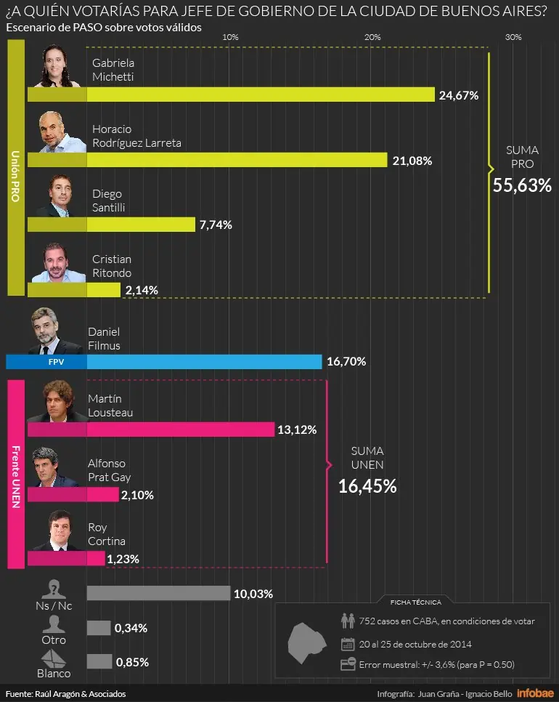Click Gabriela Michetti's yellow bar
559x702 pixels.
tap(231, 94)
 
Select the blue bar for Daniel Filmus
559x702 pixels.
tap(163, 362)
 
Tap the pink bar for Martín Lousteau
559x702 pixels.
tap(151, 429)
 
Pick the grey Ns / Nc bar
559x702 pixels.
tap(159, 593)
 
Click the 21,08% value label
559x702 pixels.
tap(412, 161)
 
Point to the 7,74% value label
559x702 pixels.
tap(216, 225)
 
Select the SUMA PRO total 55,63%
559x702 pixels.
tap(522, 185)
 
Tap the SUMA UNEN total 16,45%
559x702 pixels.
tap(367, 486)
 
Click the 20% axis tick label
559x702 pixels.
tap(372, 37)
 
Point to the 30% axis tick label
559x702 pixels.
tap(513, 37)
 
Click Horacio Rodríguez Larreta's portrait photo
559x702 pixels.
tap(61, 132)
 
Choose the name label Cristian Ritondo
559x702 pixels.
tap(112, 266)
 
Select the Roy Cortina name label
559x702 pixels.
tap(107, 534)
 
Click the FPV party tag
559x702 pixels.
tap(57, 362)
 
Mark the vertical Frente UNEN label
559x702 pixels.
tap(16, 477)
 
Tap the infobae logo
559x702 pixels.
tap(535, 693)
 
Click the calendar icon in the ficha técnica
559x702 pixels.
tap(348, 645)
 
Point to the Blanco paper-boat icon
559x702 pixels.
tap(54, 658)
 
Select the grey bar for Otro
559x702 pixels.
tap(99, 628)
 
